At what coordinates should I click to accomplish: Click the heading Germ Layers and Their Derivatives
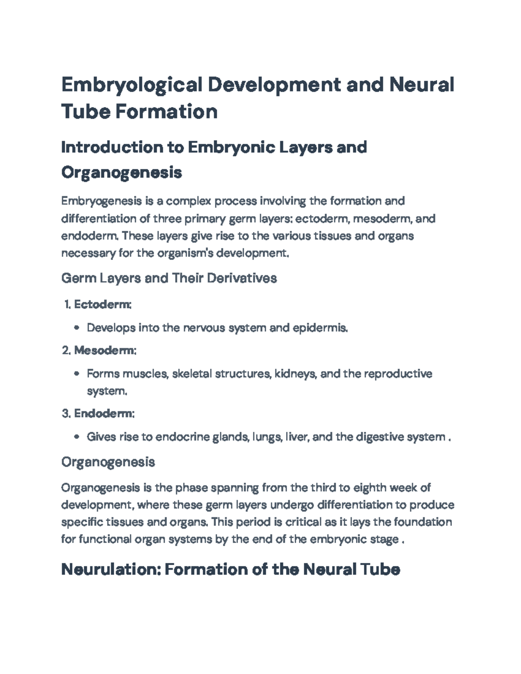click(169, 278)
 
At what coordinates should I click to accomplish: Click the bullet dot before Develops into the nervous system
click(77, 329)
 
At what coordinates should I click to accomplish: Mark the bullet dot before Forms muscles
click(77, 374)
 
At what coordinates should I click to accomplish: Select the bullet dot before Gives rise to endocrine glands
click(77, 437)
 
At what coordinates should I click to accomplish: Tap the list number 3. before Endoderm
click(66, 414)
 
